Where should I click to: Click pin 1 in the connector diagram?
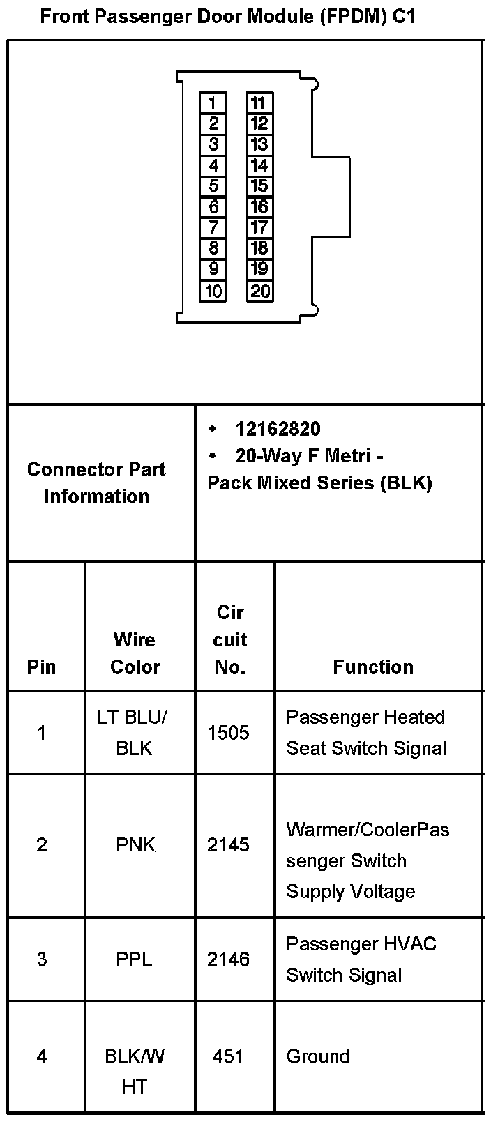click(x=213, y=103)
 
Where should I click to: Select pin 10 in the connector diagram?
click(x=213, y=291)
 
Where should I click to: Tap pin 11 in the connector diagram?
click(x=259, y=103)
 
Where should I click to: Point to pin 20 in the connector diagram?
click(x=259, y=291)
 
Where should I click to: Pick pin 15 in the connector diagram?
click(x=259, y=186)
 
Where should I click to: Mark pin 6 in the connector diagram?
click(x=213, y=207)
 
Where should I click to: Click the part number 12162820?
click(x=278, y=429)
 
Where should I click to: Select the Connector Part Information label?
click(x=96, y=483)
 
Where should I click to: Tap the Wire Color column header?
click(x=135, y=653)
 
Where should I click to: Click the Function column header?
click(x=373, y=667)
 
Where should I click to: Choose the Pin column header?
click(x=41, y=667)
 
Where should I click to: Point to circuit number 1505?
click(x=228, y=732)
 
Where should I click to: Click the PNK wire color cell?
click(x=135, y=845)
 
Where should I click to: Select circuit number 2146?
click(x=228, y=959)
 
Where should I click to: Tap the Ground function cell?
click(x=318, y=1056)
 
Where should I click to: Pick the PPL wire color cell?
click(x=134, y=959)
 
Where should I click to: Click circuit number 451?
click(x=228, y=1056)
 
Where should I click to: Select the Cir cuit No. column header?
click(x=230, y=639)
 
